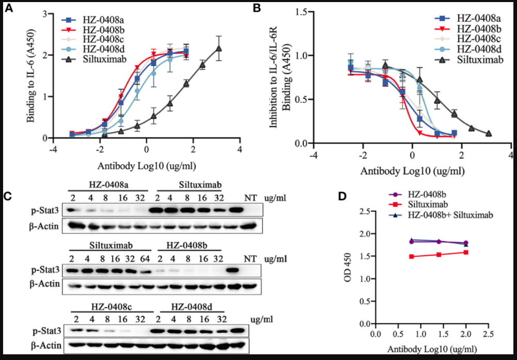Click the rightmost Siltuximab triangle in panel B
(489, 134)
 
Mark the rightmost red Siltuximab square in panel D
(466, 253)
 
